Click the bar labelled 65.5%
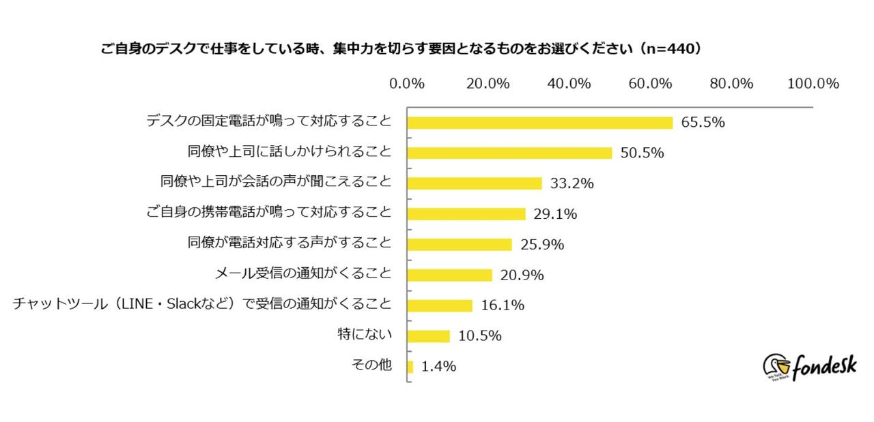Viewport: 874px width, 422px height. (539, 123)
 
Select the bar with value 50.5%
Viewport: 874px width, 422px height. (509, 153)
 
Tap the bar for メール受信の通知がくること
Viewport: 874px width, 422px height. (449, 275)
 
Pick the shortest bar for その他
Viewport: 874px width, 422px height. (410, 367)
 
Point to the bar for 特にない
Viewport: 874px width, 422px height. (429, 336)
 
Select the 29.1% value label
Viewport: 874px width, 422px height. (555, 214)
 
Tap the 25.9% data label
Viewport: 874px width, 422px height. (542, 245)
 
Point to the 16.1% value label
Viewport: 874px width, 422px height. (502, 305)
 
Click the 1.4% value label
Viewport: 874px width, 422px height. (438, 367)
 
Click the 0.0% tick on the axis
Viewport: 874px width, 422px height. (407, 83)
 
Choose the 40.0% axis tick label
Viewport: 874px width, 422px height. (569, 83)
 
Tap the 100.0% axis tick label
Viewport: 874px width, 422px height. (813, 83)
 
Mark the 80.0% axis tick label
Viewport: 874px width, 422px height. (731, 83)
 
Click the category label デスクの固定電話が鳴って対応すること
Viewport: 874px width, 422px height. (269, 122)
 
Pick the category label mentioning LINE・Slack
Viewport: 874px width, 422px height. (202, 305)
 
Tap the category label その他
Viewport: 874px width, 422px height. (371, 365)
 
